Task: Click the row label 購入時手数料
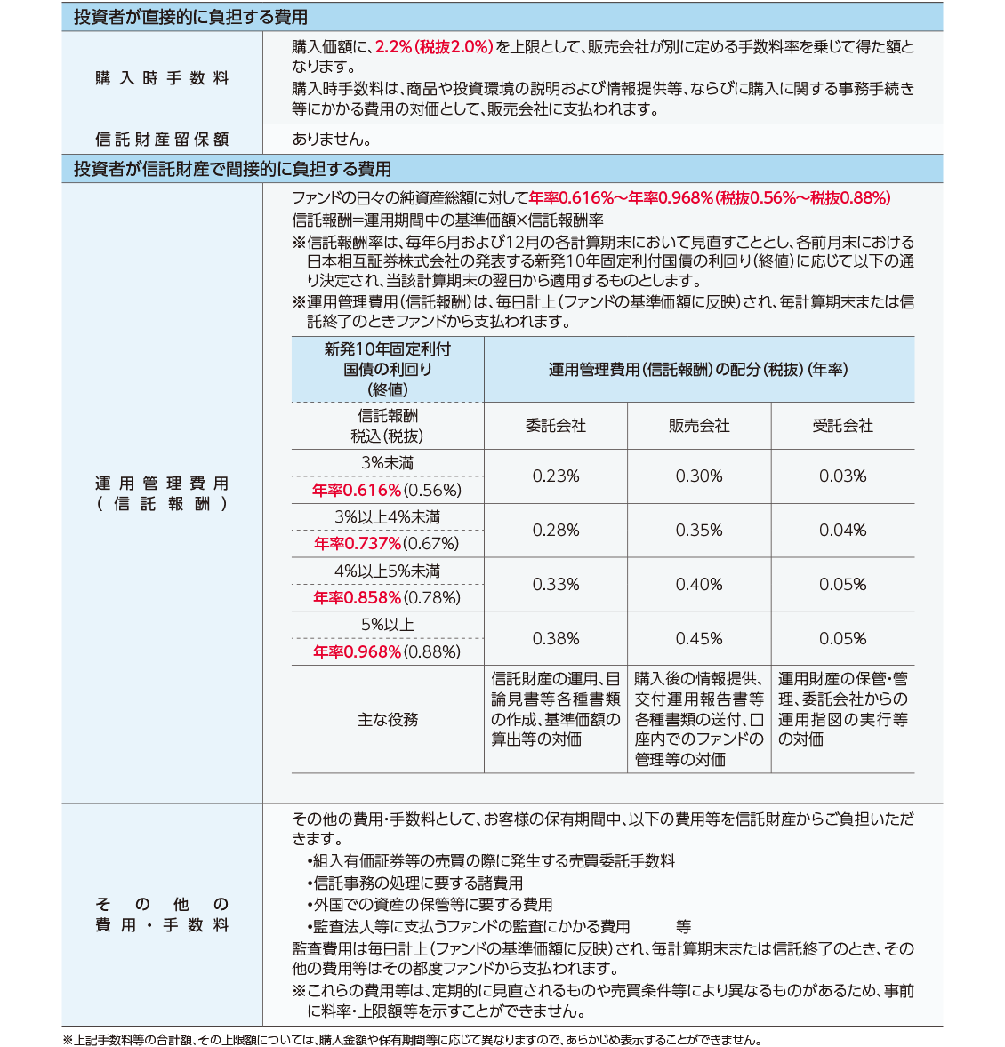162,78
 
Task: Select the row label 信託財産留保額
162,139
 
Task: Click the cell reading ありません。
332,139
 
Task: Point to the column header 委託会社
556,426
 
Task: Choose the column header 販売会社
699,426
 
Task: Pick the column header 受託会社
842,426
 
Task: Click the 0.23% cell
556,476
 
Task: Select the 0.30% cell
699,476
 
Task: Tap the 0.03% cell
842,476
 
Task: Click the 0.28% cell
556,531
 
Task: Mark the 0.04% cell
842,531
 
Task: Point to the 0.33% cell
556,585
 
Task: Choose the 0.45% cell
699,639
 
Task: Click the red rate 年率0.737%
358,544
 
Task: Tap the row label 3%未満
387,463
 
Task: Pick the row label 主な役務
388,719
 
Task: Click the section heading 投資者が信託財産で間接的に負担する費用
232,169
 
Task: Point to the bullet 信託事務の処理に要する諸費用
418,883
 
